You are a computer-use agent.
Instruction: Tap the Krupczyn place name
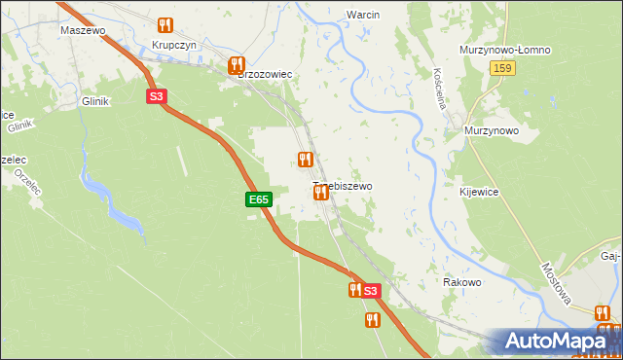coord(175,46)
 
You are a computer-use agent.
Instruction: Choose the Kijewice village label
coord(479,193)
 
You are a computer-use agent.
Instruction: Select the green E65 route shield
coord(257,199)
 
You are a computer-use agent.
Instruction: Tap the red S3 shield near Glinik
coord(157,96)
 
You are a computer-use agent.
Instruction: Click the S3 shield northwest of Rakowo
coord(370,291)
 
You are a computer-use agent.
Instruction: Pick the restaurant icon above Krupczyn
coord(165,25)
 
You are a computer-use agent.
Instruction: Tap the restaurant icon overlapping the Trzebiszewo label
coord(320,193)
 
